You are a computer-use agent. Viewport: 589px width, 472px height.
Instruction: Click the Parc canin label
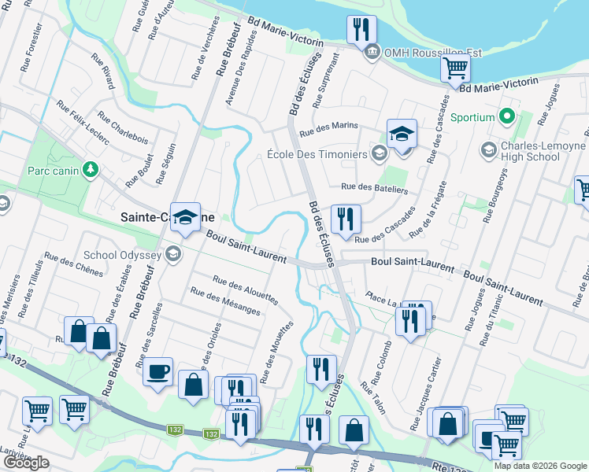[x=54, y=170]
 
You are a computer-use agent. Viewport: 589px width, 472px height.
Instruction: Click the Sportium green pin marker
[x=507, y=118]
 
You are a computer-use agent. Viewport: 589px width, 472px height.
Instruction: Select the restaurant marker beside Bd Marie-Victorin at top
[x=361, y=30]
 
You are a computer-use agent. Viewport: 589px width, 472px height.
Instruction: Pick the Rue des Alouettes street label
[x=245, y=291]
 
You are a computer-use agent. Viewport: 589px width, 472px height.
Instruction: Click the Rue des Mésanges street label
[x=225, y=301]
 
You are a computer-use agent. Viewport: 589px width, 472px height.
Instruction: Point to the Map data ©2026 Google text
[x=539, y=466]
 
